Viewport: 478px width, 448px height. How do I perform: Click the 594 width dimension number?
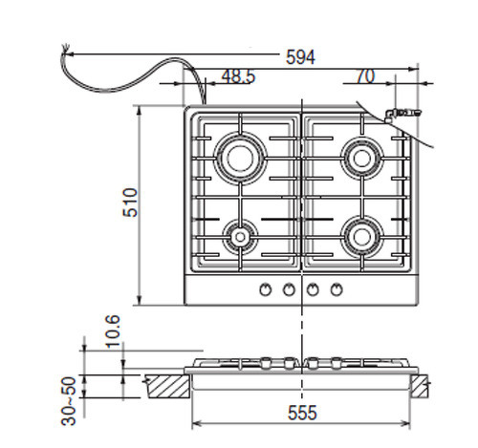click(300, 57)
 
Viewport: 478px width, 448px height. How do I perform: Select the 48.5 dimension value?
click(237, 76)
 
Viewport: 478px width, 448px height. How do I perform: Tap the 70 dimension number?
click(365, 76)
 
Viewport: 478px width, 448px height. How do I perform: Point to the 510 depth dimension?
click(130, 203)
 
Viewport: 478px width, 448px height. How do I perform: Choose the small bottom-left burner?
click(238, 233)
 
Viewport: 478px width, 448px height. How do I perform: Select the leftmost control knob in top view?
click(265, 289)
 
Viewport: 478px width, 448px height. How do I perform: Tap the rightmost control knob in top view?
click(337, 289)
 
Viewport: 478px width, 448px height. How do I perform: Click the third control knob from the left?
click(315, 289)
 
